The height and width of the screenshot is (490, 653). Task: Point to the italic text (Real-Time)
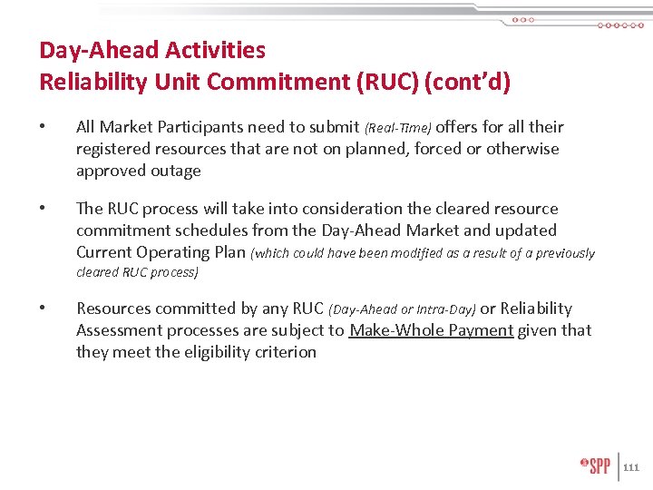[x=398, y=128]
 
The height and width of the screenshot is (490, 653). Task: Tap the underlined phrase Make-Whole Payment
[x=432, y=330]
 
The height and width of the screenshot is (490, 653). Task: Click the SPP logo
[x=596, y=465]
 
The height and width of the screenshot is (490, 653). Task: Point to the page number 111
[x=631, y=467]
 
